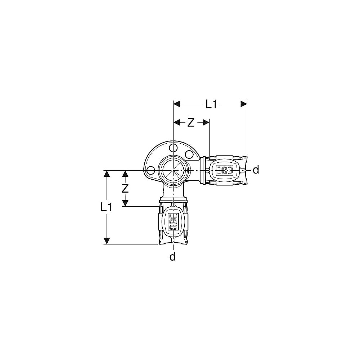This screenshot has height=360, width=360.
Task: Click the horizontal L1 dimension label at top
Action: pyautogui.click(x=212, y=104)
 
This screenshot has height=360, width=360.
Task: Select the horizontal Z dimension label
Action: pyautogui.click(x=191, y=123)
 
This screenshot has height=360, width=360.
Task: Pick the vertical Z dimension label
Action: pyautogui.click(x=125, y=188)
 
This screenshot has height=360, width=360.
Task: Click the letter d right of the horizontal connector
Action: pyautogui.click(x=256, y=170)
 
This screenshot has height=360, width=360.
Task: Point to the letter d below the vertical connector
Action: pyautogui.click(x=173, y=257)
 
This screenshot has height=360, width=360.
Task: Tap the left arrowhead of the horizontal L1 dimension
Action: pyautogui.click(x=177, y=104)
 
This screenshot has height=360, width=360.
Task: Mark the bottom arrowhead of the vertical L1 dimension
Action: pyautogui.click(x=107, y=240)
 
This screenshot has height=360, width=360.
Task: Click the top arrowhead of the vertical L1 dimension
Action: pyautogui.click(x=107, y=174)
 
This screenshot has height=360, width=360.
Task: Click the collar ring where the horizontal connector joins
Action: pyautogui.click(x=204, y=170)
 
